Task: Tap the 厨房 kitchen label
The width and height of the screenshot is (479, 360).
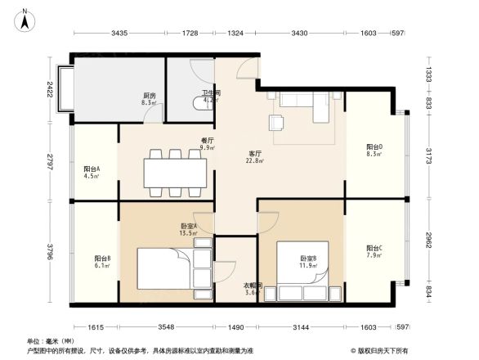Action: [149, 96]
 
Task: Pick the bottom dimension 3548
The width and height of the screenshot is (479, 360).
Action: [167, 327]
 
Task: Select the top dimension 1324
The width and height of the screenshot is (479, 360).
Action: [235, 34]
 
